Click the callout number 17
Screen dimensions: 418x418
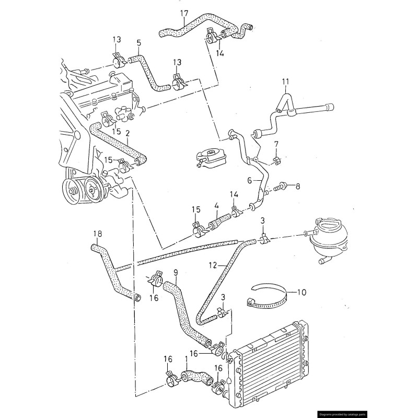pyautogui.click(x=184, y=14)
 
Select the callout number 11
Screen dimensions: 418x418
pyautogui.click(x=285, y=82)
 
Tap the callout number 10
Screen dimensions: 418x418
pyautogui.click(x=301, y=293)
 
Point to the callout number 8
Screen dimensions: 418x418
pyautogui.click(x=298, y=187)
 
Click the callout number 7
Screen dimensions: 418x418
pyautogui.click(x=276, y=144)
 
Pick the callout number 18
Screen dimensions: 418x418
pyautogui.click(x=98, y=234)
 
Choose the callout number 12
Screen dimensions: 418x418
pyautogui.click(x=213, y=265)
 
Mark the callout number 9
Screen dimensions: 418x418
pyautogui.click(x=176, y=272)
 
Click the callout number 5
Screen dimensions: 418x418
pyautogui.click(x=139, y=43)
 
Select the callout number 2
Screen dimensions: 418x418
pyautogui.click(x=127, y=133)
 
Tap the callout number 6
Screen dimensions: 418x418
pyautogui.click(x=250, y=180)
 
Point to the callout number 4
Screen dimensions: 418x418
pyautogui.click(x=216, y=206)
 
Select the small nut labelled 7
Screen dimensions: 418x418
pyautogui.click(x=276, y=160)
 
